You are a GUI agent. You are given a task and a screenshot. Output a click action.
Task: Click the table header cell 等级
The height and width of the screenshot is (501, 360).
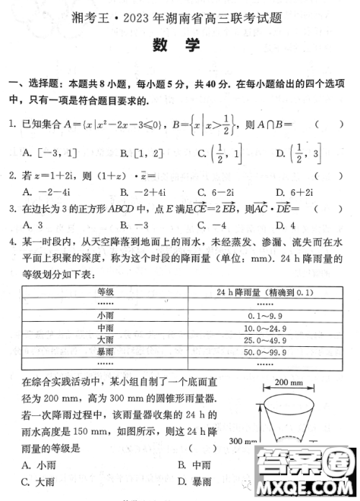pos(105,292)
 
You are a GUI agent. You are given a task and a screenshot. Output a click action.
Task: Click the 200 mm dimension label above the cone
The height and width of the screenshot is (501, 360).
pos(289,382)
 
